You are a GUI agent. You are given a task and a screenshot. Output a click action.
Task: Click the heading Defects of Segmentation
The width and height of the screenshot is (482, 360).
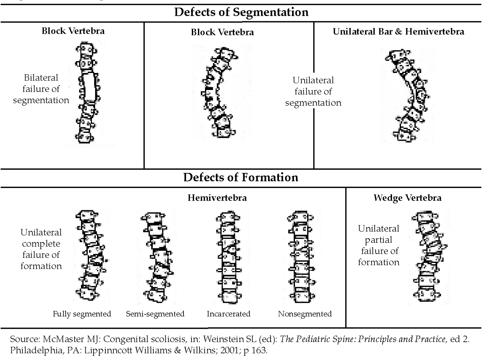pos(241,12)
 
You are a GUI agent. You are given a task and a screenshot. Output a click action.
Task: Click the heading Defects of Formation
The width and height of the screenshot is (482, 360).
pos(241,177)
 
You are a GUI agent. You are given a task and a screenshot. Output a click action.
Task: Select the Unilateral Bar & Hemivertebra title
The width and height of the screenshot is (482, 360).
pos(398,32)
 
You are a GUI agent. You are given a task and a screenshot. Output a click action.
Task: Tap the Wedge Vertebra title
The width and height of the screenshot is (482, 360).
pos(407,198)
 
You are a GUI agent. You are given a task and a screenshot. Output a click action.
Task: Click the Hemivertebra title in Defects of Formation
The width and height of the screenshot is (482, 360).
pos(217,198)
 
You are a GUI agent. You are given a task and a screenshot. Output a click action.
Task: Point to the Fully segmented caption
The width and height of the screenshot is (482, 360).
pos(82,314)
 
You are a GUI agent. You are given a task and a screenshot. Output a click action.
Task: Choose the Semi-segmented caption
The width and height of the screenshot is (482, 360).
pos(155,314)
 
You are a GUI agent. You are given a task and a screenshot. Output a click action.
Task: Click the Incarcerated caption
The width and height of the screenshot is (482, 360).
pos(228,314)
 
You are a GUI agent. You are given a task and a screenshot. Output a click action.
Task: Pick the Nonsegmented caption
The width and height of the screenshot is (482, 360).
pos(305,314)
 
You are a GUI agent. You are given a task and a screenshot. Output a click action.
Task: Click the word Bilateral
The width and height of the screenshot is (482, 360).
pos(41,78)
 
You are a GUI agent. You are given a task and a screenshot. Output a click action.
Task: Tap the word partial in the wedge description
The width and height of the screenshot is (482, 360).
pos(379,240)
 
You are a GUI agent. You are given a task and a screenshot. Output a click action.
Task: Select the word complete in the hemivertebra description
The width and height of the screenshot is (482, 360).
pos(41,244)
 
